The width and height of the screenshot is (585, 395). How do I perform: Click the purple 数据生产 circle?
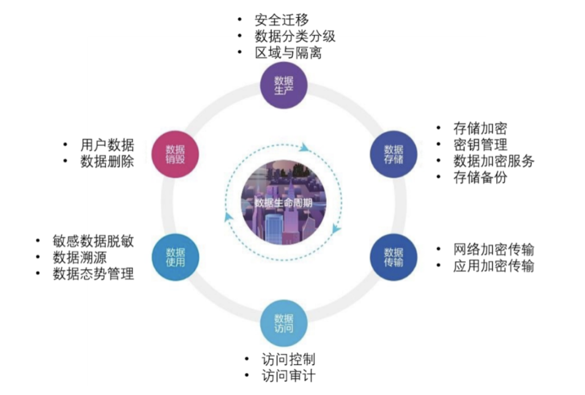pos(284,85)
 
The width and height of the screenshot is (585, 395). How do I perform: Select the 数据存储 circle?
pos(394,154)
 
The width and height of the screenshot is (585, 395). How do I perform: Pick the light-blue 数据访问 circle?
pos(284,323)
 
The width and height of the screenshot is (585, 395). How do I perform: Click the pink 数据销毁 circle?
pos(175,154)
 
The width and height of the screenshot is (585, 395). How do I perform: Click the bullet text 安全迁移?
pos(281,21)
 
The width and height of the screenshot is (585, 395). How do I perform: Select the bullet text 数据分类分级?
pos(295,37)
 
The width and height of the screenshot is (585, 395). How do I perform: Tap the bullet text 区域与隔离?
pos(288,53)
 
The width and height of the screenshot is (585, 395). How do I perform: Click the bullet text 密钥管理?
pos(480,145)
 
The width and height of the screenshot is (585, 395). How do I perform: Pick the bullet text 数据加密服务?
pos(493,161)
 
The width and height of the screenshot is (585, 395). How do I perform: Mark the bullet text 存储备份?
pos(480,177)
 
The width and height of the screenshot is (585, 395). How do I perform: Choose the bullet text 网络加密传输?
pos(493,249)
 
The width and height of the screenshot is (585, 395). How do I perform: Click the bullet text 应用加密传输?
pos(493,266)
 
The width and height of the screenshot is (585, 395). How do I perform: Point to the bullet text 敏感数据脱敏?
pos(93,241)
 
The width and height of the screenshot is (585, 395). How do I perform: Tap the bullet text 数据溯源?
pos(79,257)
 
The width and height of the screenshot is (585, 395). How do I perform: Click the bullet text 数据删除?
pos(107,161)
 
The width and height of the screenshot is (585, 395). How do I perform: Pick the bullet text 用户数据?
pos(107,145)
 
